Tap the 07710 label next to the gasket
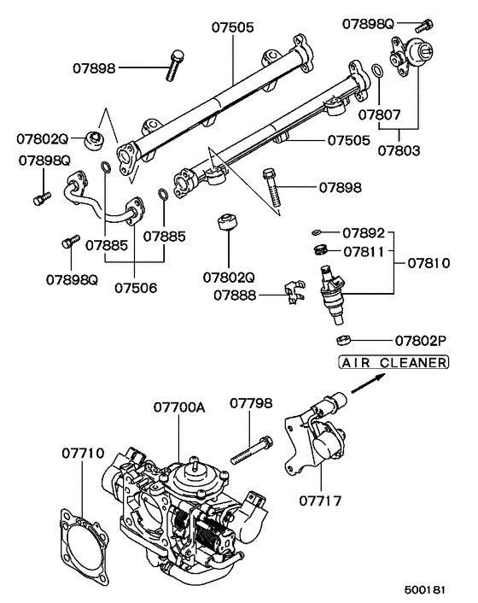[82, 450]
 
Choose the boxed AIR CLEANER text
[393, 363]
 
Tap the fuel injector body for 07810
[332, 293]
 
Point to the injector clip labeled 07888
[293, 292]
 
